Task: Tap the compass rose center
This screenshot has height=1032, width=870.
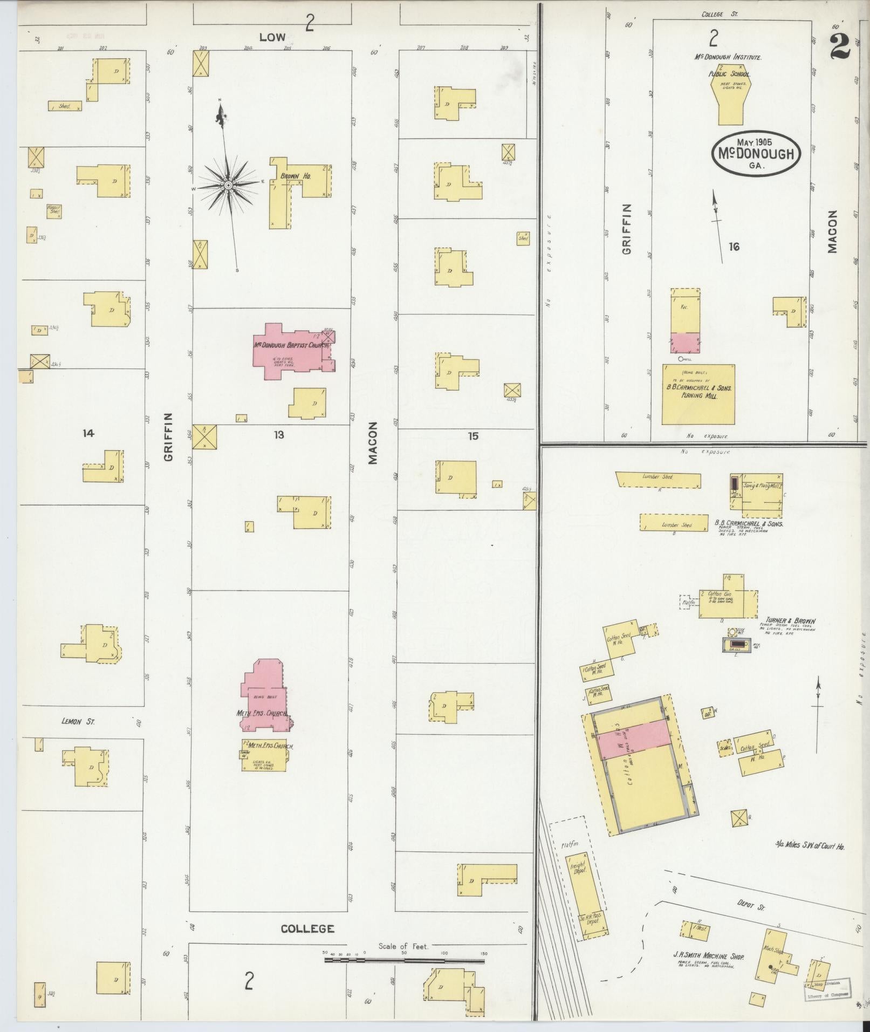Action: [228, 185]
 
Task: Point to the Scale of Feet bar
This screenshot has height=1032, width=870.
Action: [405, 960]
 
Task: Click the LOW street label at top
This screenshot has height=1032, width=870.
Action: [272, 37]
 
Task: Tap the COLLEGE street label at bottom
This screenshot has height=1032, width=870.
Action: [307, 929]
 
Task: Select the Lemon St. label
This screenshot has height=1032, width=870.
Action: [79, 721]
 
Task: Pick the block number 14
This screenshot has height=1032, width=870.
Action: [88, 433]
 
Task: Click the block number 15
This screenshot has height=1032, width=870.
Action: [472, 436]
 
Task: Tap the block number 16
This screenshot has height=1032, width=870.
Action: [734, 247]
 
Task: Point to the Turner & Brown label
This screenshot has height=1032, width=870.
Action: [790, 620]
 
